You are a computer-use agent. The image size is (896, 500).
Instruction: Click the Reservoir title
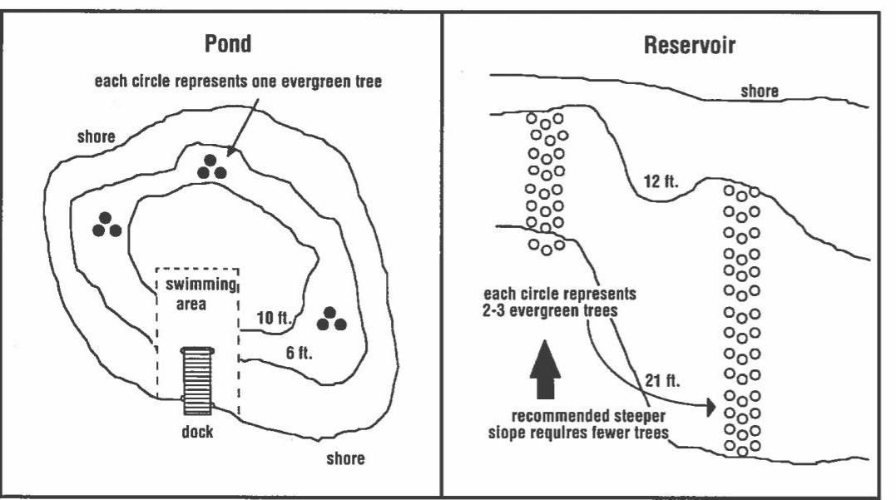point(690,46)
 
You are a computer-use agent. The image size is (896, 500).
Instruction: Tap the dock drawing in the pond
point(197,379)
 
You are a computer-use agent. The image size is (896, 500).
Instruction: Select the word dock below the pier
point(197,433)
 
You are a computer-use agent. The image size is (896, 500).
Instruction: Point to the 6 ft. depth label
point(299,353)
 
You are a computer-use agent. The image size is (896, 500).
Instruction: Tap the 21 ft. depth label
point(662,381)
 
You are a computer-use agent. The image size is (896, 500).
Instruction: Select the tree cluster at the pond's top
point(212,167)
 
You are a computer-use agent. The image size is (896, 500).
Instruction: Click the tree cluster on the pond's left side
point(106,225)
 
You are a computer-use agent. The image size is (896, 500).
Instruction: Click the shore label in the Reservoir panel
point(760,92)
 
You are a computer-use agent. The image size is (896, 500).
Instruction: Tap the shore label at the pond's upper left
point(97,136)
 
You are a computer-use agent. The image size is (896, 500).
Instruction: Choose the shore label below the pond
point(345,458)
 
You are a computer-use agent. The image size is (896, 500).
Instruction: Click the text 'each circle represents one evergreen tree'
point(238,82)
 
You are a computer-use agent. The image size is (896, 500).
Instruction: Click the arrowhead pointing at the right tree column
point(709,408)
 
